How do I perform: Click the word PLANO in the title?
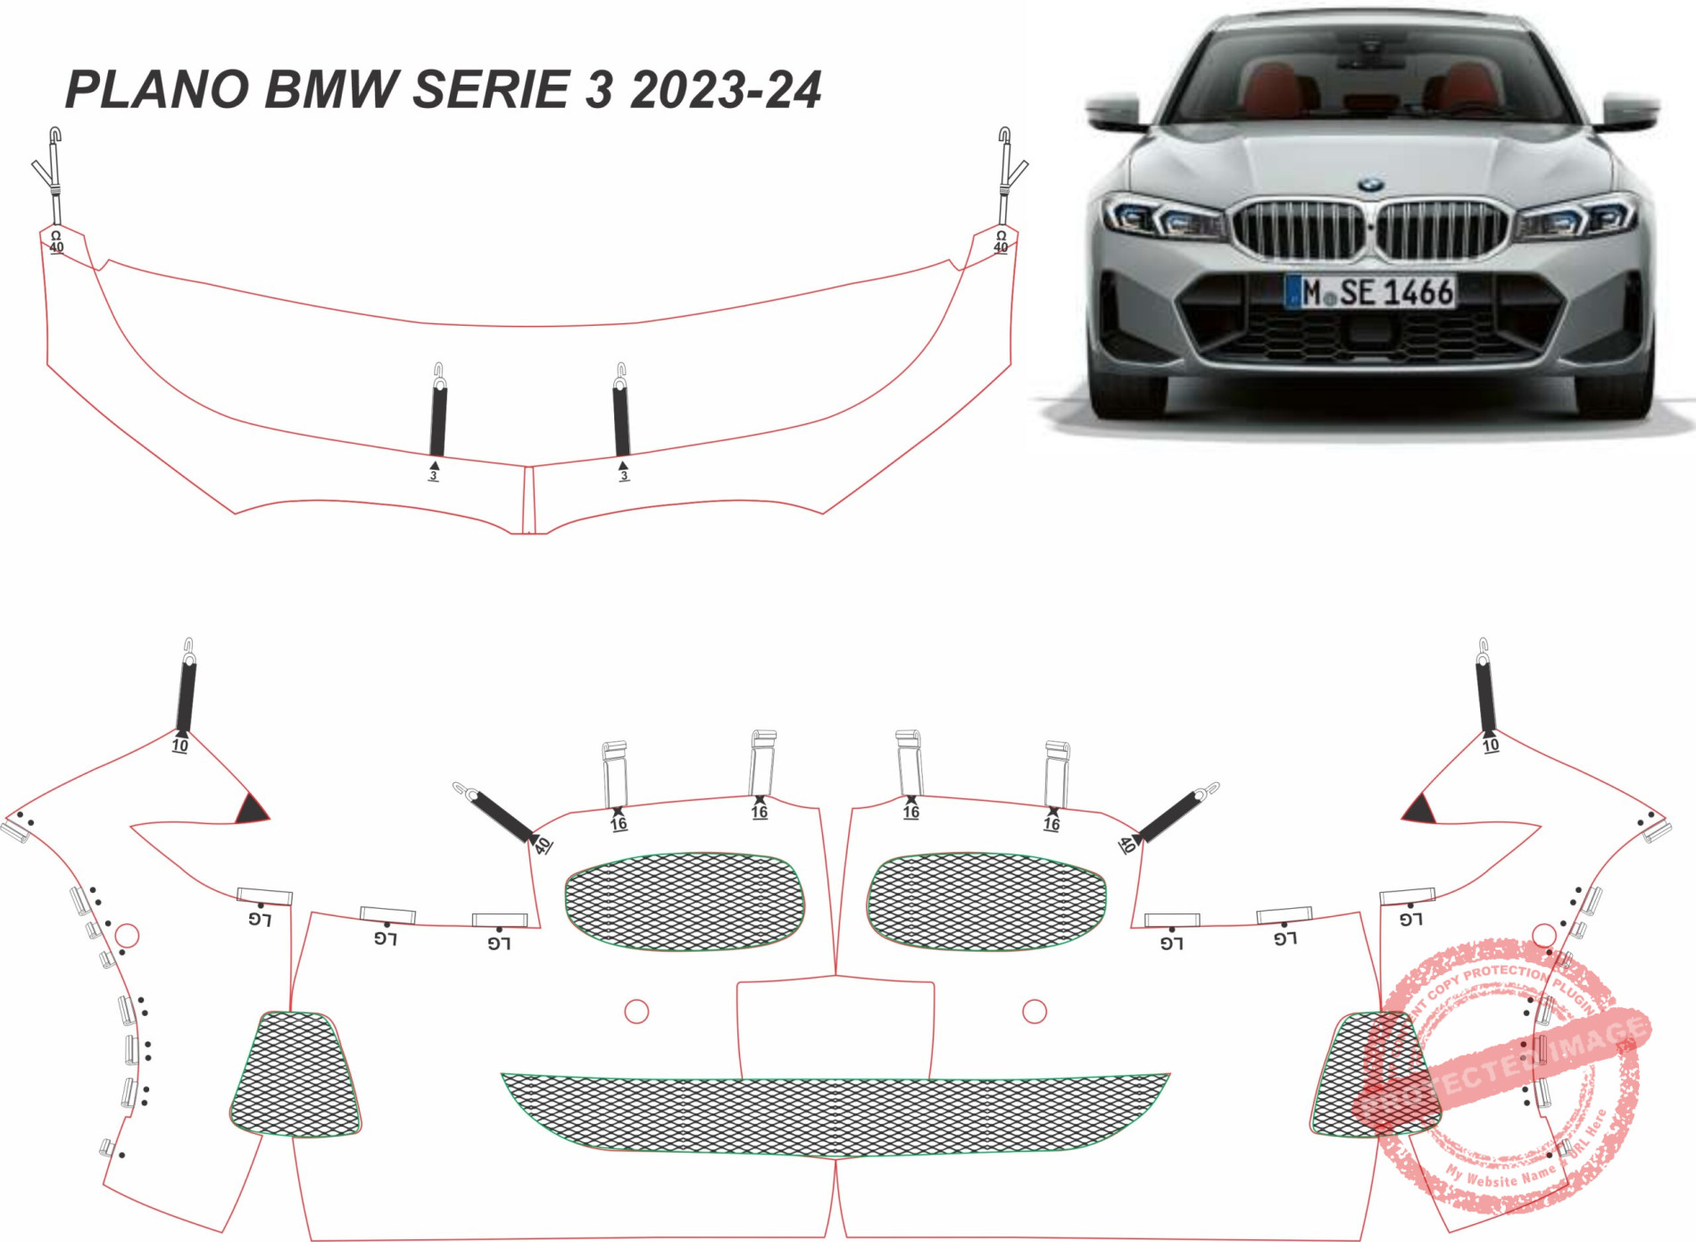pos(157,90)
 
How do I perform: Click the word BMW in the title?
pos(331,90)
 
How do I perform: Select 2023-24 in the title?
pos(725,90)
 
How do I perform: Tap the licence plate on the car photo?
pos(1370,292)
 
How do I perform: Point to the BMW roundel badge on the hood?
pos(1370,185)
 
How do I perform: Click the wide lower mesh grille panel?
pos(835,1114)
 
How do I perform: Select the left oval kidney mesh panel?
pos(685,901)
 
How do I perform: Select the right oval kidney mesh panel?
pos(986,901)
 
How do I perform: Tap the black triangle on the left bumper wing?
pos(251,810)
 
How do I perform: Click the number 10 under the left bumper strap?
pos(180,746)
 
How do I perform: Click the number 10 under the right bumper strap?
pos(1491,746)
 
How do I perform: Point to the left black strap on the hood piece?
pos(438,418)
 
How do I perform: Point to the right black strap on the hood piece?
pos(621,418)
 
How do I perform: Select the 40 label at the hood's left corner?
pos(56,246)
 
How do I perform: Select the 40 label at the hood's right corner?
pos(1001,246)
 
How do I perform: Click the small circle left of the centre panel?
pos(636,1012)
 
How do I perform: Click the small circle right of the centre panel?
pos(1035,1012)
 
